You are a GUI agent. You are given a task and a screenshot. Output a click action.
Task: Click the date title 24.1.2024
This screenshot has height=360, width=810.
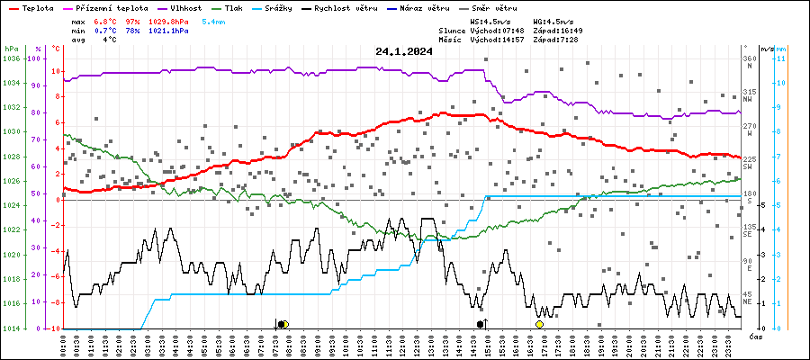[x=404, y=51]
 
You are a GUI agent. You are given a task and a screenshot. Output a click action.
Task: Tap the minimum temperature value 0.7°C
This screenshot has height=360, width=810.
[x=109, y=30]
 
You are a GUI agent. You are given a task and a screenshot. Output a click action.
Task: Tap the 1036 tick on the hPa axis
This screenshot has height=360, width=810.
[x=11, y=58]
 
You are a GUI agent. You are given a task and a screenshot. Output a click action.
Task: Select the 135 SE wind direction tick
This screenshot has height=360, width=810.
[x=749, y=229]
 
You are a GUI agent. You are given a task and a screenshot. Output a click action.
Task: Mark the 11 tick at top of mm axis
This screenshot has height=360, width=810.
[x=781, y=58]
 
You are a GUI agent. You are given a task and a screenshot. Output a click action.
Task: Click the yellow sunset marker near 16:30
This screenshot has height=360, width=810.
[x=539, y=324]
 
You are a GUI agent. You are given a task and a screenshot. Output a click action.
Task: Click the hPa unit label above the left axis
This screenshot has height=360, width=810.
[x=10, y=48]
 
